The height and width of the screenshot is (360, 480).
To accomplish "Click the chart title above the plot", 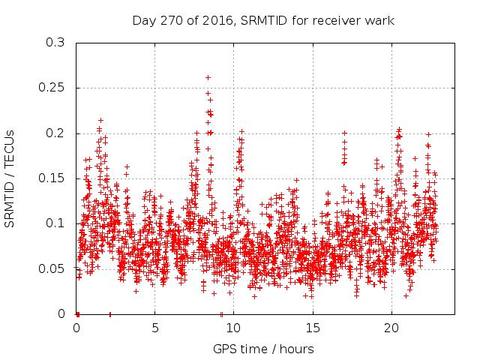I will pyautogui.click(x=263, y=20).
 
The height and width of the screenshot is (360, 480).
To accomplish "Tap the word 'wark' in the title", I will pyautogui.click(x=380, y=20).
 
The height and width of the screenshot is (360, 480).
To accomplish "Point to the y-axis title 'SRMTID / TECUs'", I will pyautogui.click(x=10, y=178).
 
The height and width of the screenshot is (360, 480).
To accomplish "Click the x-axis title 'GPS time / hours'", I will pyautogui.click(x=263, y=349).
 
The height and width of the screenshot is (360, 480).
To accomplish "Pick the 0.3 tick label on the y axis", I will pyautogui.click(x=55, y=43).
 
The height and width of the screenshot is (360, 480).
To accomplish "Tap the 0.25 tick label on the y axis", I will pyautogui.click(x=52, y=88).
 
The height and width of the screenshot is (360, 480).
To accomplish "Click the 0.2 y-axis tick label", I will pyautogui.click(x=55, y=133).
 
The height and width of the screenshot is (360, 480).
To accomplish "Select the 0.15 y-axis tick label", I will pyautogui.click(x=52, y=178).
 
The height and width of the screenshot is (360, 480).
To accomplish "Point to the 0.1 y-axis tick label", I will pyautogui.click(x=55, y=223).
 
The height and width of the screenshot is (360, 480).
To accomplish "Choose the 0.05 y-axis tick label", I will pyautogui.click(x=52, y=269).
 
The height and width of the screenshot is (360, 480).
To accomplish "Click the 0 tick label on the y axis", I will pyautogui.click(x=61, y=314).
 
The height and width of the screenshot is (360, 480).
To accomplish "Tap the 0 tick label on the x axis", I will pyautogui.click(x=76, y=328).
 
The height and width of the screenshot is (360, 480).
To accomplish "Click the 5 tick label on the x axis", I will pyautogui.click(x=155, y=328).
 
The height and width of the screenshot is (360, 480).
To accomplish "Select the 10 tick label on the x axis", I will pyautogui.click(x=234, y=328).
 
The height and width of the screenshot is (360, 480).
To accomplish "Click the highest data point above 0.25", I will pyautogui.click(x=208, y=77).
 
